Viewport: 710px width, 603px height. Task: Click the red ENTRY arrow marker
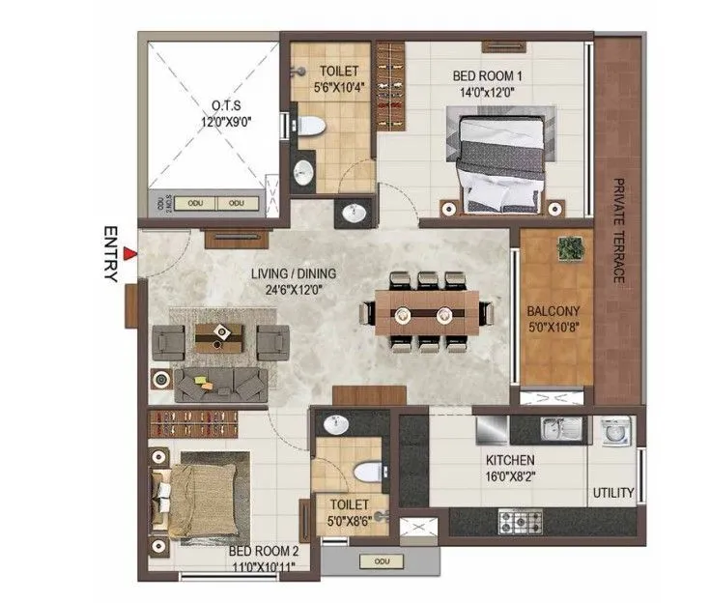[x=128, y=254]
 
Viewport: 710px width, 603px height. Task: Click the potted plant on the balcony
[x=569, y=248]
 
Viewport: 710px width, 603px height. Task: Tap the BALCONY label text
[x=553, y=312]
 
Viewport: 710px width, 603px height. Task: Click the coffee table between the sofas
[x=219, y=335]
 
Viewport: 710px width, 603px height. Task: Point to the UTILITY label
[x=613, y=493]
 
